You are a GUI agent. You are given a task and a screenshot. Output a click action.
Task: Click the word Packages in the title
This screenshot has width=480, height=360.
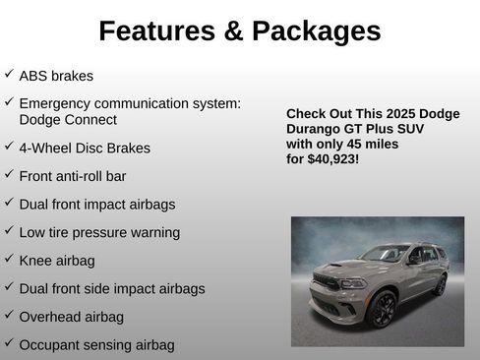[317, 31]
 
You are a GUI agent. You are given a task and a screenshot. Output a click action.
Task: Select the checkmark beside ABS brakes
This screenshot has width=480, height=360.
[9, 74]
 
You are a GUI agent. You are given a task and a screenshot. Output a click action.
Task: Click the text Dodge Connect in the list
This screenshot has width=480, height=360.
[68, 120]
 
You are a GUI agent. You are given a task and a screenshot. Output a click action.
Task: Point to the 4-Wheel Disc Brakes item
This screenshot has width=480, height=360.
[85, 149]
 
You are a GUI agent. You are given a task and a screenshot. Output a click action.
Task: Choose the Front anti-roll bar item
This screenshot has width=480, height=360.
[73, 176]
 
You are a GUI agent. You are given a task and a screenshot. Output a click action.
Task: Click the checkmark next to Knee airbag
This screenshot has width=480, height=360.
[9, 260]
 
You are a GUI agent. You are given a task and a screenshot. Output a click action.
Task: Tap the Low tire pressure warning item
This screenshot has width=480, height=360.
[99, 232]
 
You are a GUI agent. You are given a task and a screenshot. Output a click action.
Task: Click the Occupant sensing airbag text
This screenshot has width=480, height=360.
[96, 344]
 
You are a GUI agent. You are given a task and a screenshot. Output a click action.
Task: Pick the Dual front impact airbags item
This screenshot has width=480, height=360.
[97, 205]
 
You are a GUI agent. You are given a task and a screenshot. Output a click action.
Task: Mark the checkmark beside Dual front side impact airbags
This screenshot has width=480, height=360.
[9, 287]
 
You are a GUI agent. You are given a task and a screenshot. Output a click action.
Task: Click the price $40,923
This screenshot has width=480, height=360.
[331, 157]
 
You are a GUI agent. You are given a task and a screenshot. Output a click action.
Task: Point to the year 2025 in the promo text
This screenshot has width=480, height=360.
[398, 114]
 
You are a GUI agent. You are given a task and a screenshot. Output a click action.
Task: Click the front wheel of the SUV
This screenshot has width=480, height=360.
[382, 309]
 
